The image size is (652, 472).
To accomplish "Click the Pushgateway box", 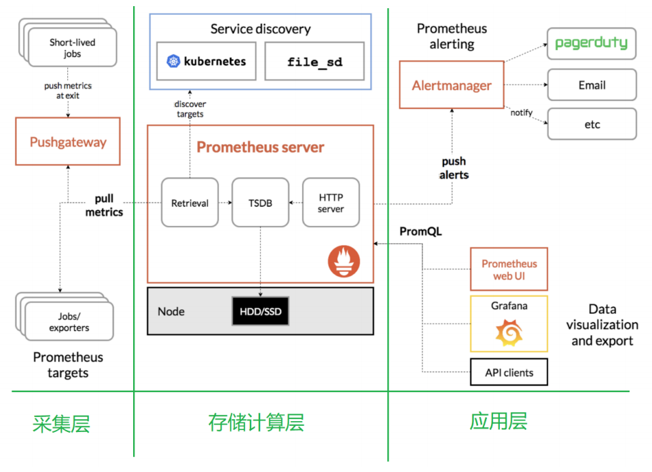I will pos(68,142).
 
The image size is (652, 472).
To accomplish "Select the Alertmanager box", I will pos(452,85).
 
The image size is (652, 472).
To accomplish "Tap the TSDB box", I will pos(261,203).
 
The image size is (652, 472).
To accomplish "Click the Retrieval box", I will pos(189,203).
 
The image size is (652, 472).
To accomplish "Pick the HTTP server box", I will pos(331,203).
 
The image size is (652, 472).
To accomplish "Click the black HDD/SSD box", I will pos(261,311).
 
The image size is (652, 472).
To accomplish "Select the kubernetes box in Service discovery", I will pos(206,62).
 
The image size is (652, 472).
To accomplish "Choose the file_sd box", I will pos(314,62).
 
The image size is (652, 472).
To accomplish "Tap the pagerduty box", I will pos(592,44).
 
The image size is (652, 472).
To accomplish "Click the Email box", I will pos(592,85).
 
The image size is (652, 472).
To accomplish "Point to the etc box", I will pos(592,125).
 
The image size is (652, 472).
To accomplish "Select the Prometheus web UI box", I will pos(509,269).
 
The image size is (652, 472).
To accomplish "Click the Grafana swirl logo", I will pos(509,332).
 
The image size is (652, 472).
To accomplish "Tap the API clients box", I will pos(509,372).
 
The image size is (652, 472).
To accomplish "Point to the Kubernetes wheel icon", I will pos(173,62).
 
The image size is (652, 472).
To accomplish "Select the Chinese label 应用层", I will pos(499,422).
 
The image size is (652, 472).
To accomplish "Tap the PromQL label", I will pos(420,231).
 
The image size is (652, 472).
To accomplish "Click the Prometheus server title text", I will pos(260,147).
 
